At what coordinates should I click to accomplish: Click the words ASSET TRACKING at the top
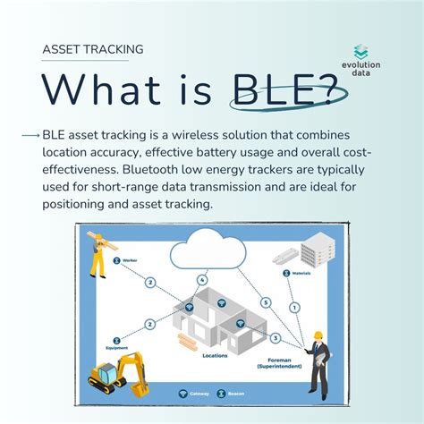coord(93,50)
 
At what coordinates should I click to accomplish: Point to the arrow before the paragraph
coord(30,135)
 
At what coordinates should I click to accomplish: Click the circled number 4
coord(203,280)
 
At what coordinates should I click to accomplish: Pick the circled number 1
coord(294,308)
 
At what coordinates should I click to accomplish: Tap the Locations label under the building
coord(215,355)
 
